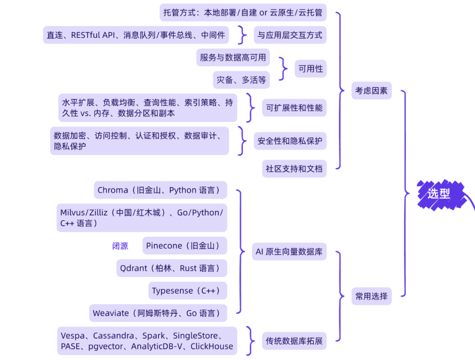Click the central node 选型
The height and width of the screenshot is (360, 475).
tap(438, 193)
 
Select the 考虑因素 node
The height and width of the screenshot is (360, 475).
tap(371, 91)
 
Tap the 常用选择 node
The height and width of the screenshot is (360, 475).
tap(371, 296)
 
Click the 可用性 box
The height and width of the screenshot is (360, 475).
tap(311, 69)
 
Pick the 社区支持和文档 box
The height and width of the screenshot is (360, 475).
tap(294, 168)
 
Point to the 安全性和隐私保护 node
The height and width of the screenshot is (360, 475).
tap(290, 141)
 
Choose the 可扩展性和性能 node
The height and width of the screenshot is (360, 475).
tap(294, 108)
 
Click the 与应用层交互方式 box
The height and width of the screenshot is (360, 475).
tap(290, 35)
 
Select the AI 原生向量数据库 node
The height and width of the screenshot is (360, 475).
tap(289, 252)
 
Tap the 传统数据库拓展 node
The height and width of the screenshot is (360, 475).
tap(294, 341)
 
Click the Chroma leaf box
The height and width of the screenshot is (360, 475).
tap(160, 190)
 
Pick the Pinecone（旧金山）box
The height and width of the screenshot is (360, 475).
tap(184, 246)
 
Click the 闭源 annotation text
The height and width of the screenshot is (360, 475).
tap(120, 246)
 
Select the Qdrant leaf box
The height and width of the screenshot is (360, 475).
tap(172, 268)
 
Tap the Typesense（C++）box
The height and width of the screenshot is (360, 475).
tap(187, 291)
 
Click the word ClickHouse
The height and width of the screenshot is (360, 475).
tap(212, 346)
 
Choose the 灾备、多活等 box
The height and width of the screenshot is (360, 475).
tap(241, 80)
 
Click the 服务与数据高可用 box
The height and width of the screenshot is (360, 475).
tap(233, 58)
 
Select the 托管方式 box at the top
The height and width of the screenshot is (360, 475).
tap(243, 12)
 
